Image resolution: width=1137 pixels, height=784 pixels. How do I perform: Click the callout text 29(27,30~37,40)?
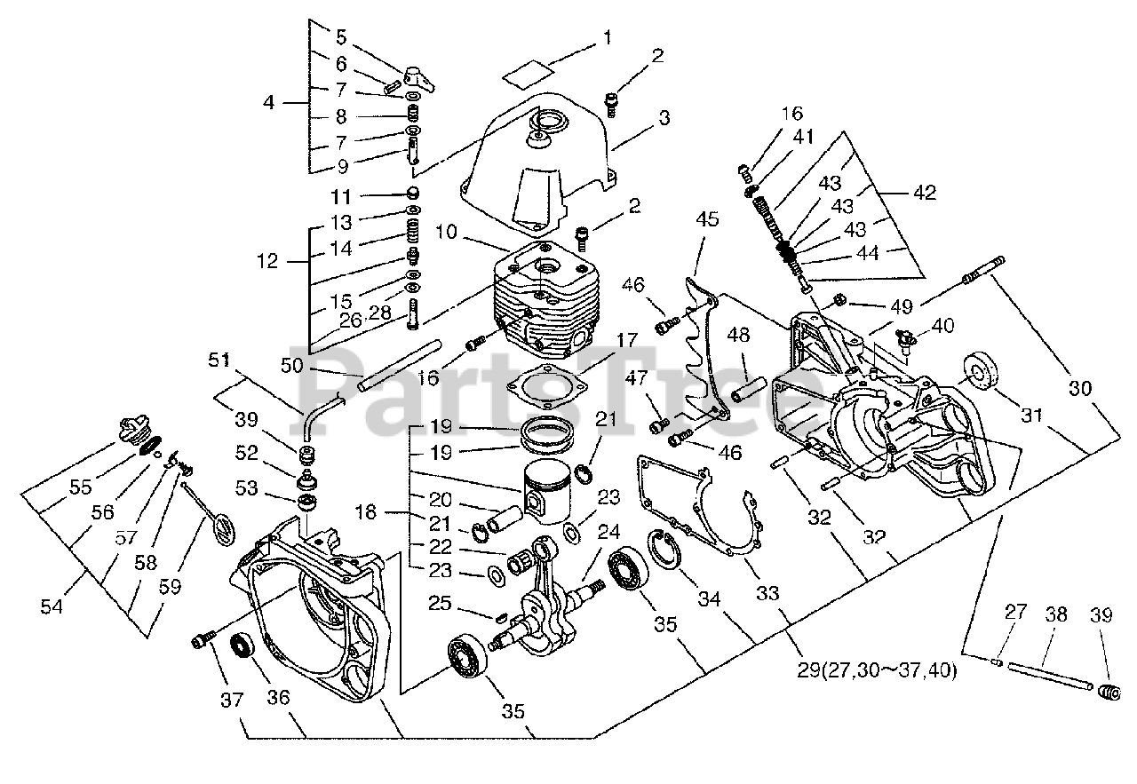coord(875,670)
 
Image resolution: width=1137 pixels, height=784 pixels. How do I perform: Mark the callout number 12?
coord(266,262)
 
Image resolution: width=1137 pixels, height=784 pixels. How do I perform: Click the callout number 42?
coord(925,193)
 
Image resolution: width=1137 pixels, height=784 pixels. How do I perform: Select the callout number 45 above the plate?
coord(708,218)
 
